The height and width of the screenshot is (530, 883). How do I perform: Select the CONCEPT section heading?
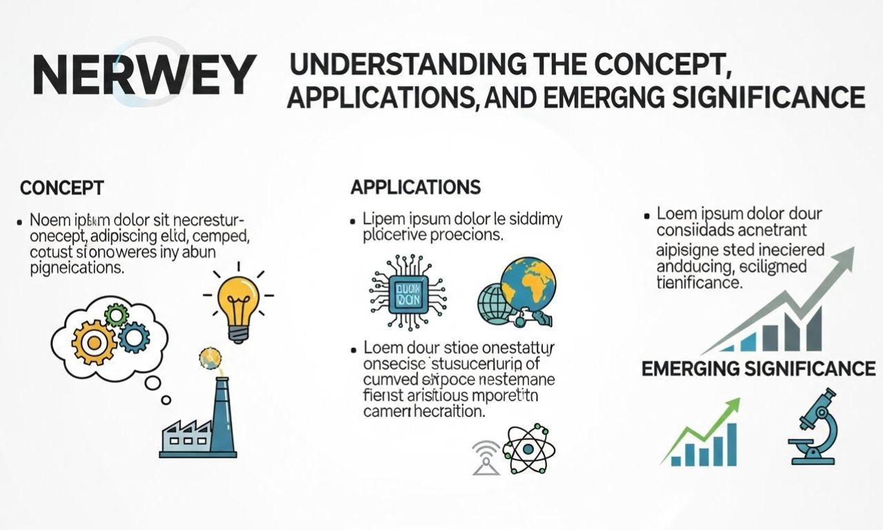[x=62, y=187]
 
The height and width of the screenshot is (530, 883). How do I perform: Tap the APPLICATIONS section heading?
[x=415, y=187]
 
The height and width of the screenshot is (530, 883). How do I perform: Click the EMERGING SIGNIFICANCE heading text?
[x=758, y=369]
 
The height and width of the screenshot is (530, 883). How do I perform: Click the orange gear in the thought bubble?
[x=95, y=340]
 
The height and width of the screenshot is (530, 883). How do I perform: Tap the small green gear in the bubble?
[x=116, y=316]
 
